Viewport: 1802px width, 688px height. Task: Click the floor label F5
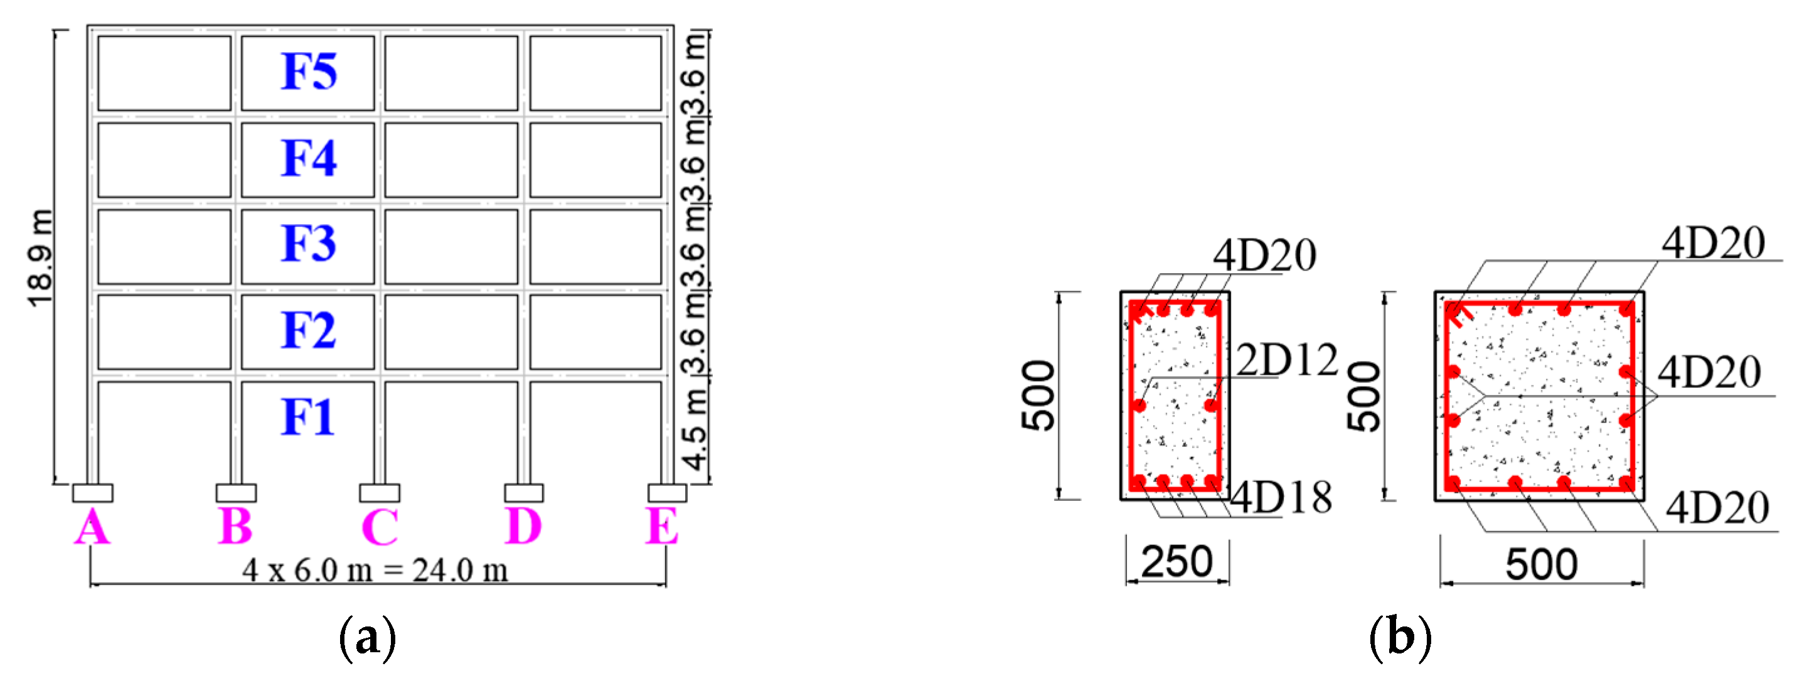click(x=309, y=72)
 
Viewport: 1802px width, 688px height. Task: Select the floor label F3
click(x=309, y=244)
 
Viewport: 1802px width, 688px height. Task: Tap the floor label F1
click(x=309, y=417)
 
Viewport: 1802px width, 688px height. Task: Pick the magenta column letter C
click(x=380, y=527)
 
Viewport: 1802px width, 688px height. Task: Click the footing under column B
click(x=236, y=493)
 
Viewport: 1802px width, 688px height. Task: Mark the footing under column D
click(x=523, y=493)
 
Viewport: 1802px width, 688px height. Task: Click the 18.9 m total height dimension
click(x=40, y=257)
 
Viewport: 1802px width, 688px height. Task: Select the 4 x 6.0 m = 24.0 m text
click(x=375, y=571)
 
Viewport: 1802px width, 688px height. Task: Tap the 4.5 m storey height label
click(x=695, y=430)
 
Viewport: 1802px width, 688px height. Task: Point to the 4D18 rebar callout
click(x=1282, y=498)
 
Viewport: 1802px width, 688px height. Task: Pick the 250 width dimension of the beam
click(x=1176, y=561)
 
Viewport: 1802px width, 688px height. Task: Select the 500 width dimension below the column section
click(x=1541, y=564)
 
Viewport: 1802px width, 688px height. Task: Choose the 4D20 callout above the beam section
click(x=1265, y=255)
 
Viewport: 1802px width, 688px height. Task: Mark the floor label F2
click(x=309, y=330)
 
